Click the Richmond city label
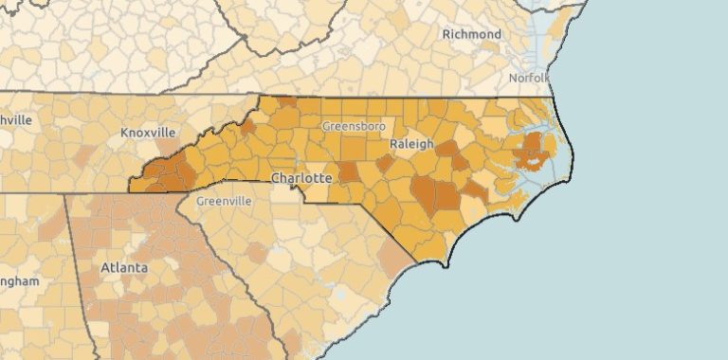471,35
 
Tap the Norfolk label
528,78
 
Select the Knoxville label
150,133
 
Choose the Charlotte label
300,178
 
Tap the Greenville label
224,202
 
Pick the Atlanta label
124,268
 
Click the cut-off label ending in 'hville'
16,120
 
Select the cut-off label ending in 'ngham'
19,281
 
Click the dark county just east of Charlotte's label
349,172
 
